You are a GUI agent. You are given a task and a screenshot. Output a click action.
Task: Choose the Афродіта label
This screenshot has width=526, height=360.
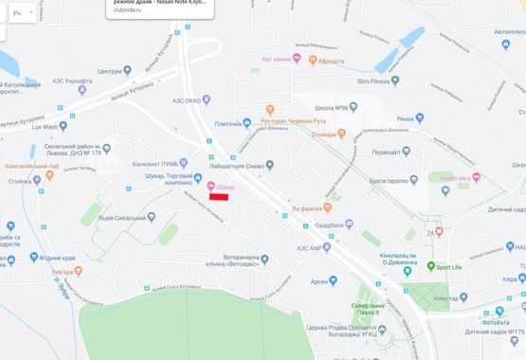(331, 60)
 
